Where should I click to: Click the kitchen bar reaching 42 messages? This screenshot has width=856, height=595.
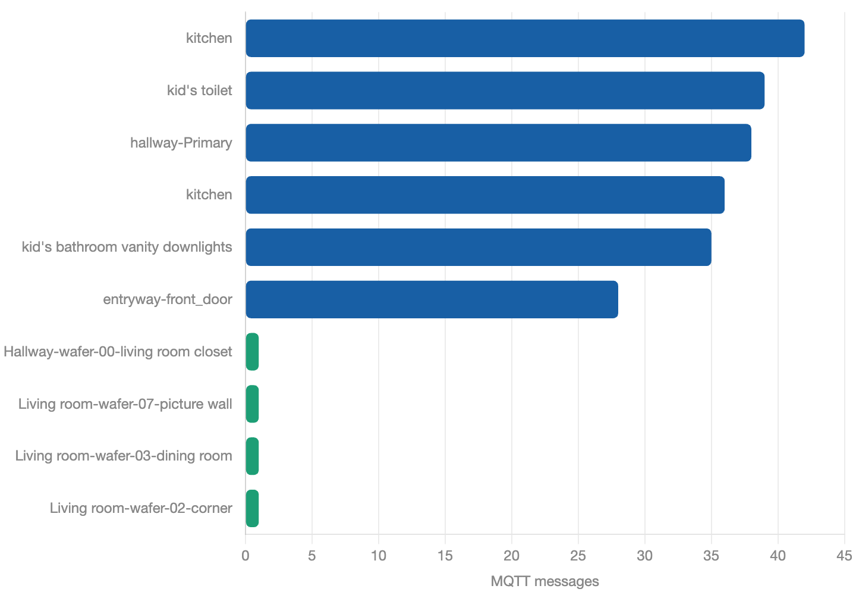(525, 38)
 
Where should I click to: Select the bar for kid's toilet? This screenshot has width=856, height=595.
(505, 90)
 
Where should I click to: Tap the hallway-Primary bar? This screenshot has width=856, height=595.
(498, 143)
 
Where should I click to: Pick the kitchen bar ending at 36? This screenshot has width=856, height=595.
(485, 195)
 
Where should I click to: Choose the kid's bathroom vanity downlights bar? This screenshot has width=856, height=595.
(479, 247)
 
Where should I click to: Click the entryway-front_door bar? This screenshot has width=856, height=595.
(432, 299)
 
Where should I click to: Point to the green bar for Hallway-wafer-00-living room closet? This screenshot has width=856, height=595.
(252, 352)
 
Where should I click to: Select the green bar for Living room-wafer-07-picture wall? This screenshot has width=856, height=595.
(252, 404)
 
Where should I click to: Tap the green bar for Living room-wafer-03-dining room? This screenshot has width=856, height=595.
(252, 456)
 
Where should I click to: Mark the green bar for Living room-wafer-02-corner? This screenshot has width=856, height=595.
(252, 508)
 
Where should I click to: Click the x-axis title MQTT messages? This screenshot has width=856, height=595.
(545, 581)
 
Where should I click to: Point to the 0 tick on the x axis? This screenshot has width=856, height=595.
(246, 556)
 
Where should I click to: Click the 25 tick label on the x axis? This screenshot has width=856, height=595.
(578, 556)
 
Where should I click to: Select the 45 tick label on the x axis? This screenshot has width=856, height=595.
(844, 556)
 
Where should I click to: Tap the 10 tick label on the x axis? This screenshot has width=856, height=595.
(379, 556)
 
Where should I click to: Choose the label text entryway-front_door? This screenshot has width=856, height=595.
(168, 299)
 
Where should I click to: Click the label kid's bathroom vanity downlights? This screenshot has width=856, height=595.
(127, 247)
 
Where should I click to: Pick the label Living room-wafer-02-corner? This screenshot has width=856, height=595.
(141, 508)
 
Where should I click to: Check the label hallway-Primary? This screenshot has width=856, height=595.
(181, 143)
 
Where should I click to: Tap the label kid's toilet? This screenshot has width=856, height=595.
(200, 90)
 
